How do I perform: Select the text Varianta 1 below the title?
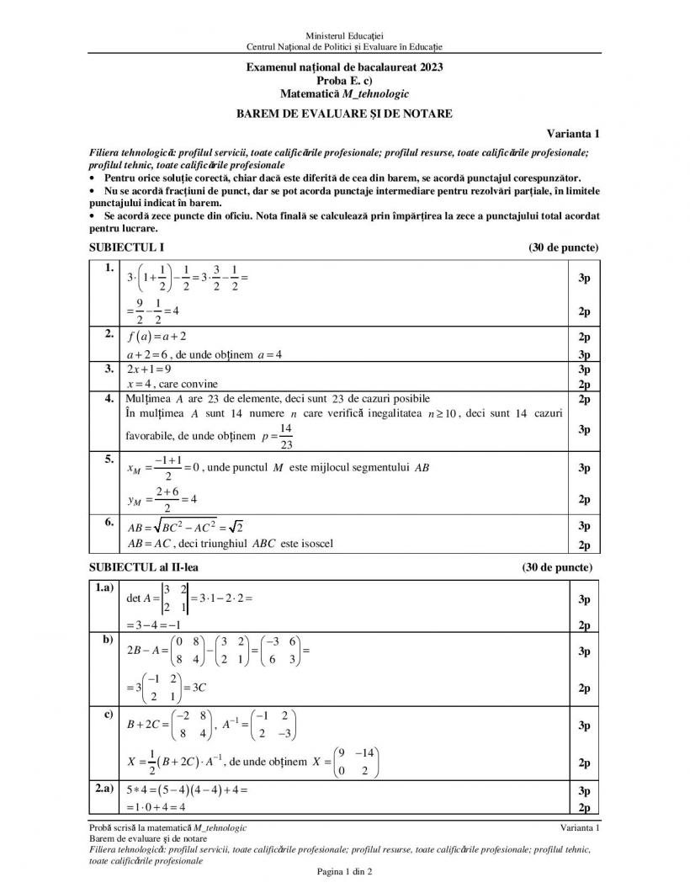(x=572, y=133)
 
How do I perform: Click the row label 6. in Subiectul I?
(x=109, y=522)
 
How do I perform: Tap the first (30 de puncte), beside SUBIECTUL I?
(x=563, y=247)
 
